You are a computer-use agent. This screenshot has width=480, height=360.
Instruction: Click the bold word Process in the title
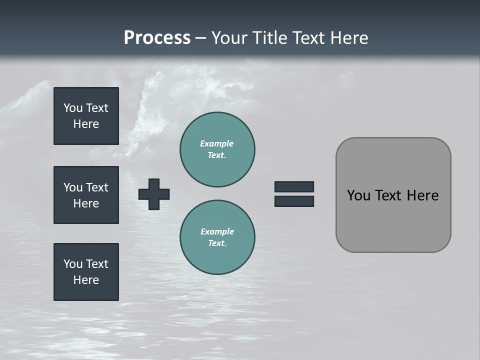point(157,38)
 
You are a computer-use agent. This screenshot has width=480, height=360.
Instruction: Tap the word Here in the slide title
point(346,38)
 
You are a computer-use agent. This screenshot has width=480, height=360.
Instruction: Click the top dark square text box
point(86,116)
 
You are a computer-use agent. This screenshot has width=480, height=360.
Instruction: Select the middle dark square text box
point(86,195)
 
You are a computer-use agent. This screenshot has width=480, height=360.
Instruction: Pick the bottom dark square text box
point(86,272)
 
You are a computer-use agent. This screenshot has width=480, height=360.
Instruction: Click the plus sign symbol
point(154,194)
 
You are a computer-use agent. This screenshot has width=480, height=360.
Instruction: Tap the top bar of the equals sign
point(294,186)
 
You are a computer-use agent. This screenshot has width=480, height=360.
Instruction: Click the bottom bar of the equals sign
point(294,201)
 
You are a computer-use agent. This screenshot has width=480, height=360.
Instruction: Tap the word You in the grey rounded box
point(358,195)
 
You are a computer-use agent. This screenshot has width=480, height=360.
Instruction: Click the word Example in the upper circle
point(217,143)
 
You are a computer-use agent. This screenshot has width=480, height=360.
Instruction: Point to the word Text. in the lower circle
point(217,243)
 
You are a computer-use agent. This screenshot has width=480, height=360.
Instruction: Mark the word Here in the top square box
point(86,124)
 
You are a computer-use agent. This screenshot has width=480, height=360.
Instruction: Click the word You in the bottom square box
point(73,264)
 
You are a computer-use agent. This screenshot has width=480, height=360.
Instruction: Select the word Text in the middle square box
point(97,187)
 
